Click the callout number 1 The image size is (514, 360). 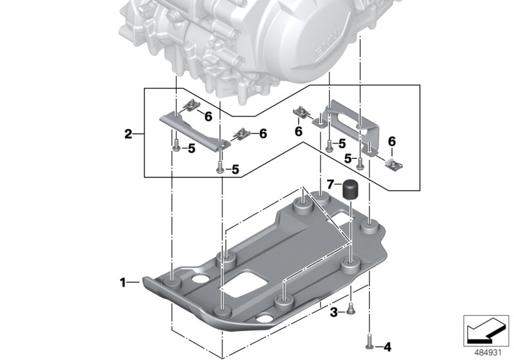point(123,282)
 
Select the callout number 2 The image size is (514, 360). point(128,134)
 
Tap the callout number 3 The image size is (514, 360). point(333,312)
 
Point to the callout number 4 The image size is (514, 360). point(387,346)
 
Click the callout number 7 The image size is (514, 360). point(331,184)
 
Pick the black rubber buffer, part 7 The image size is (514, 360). point(350,190)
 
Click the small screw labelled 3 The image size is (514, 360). point(351,310)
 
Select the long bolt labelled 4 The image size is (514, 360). point(371,341)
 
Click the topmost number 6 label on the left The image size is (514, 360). point(208,116)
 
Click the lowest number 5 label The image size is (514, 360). point(235,169)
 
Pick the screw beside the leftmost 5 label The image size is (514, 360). point(176,144)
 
